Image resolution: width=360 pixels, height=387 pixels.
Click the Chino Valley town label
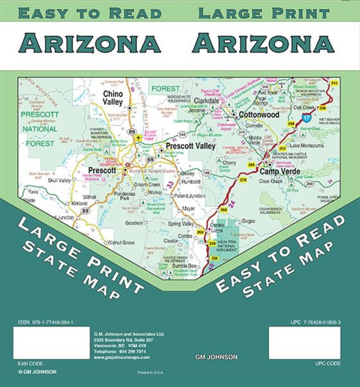112,98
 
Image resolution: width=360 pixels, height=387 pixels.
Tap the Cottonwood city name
259,115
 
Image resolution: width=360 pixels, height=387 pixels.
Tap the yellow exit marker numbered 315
334,83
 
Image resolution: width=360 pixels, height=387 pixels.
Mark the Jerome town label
200,111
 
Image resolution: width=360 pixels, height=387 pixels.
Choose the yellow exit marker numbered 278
243,180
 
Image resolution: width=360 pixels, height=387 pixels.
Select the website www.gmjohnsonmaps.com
121,357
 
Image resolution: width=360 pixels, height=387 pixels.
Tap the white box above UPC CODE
304,343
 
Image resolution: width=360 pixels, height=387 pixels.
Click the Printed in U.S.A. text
150,373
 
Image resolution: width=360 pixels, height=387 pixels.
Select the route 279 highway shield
242,132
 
